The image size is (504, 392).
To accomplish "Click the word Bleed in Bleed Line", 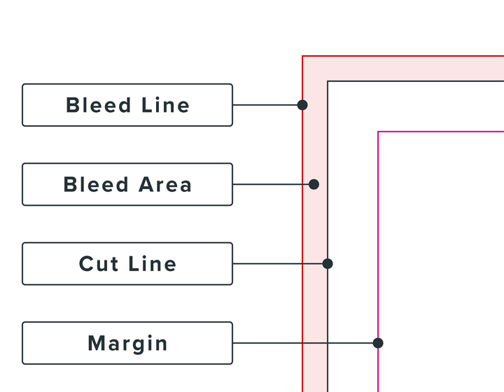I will (x=98, y=105).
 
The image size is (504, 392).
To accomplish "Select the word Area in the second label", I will (x=164, y=185).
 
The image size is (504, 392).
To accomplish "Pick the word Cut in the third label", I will (x=99, y=264).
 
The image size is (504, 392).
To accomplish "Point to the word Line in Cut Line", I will (x=153, y=264).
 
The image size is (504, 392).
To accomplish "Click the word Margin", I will (x=127, y=344).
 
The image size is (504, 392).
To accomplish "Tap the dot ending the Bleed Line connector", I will (x=302, y=105).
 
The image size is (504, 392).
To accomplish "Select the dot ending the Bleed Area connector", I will (x=314, y=184).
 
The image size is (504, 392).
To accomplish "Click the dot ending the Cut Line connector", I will (x=328, y=264).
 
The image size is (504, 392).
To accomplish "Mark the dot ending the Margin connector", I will (x=378, y=343).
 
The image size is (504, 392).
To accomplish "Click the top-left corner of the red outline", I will (x=302, y=56).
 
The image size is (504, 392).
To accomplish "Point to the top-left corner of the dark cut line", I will (x=328, y=81).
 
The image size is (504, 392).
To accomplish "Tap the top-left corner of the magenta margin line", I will (x=378, y=132).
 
